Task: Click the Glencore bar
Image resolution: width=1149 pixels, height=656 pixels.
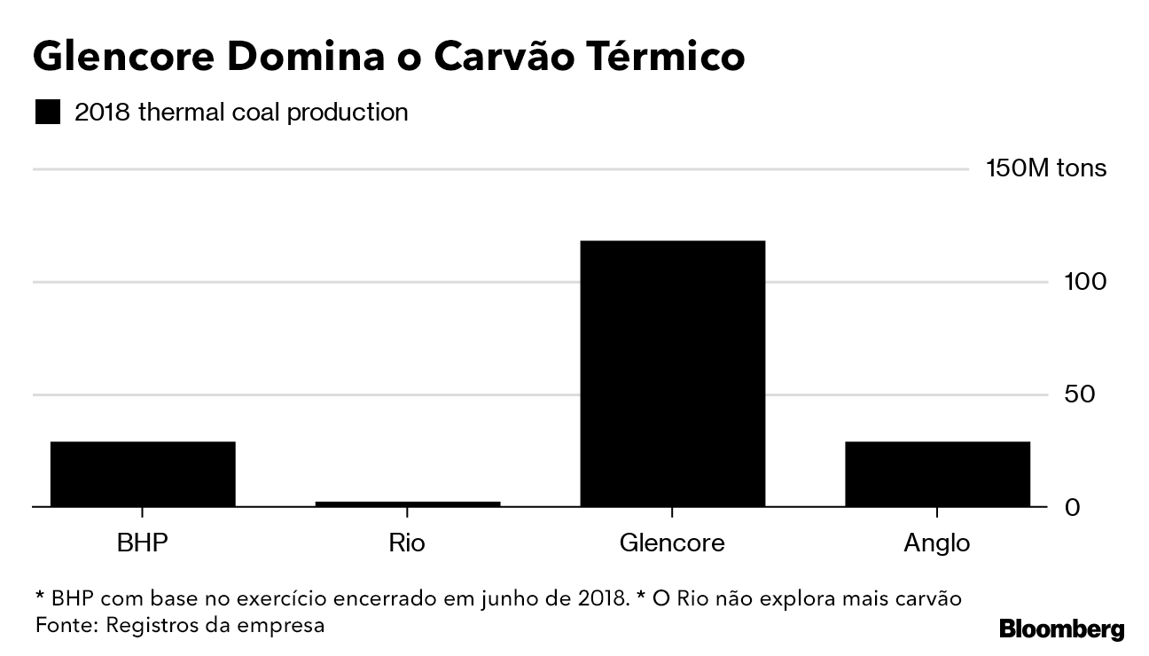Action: tap(672, 373)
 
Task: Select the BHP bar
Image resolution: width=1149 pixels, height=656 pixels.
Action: tap(143, 473)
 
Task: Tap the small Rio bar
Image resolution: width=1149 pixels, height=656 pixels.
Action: tap(407, 504)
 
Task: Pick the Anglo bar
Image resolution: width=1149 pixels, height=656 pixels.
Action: tap(937, 473)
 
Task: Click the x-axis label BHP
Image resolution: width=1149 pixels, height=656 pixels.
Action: tap(143, 543)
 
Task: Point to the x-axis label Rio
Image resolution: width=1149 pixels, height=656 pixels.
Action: tap(407, 543)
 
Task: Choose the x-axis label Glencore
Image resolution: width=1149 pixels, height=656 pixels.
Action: tap(672, 543)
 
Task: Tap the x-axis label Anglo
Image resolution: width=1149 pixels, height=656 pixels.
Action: tap(937, 543)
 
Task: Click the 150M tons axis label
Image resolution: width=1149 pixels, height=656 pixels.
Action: tap(1046, 168)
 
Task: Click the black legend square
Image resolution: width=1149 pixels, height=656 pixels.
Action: tap(47, 113)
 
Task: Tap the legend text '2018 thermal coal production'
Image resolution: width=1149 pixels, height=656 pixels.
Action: tap(241, 113)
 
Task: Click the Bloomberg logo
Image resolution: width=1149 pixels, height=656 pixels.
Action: tap(1061, 629)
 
